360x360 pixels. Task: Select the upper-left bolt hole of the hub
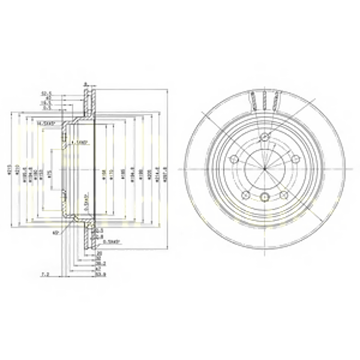tap(235, 160)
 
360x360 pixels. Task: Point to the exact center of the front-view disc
tap(265, 169)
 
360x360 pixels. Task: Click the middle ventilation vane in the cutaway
tap(265, 98)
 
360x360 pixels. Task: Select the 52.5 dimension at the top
tap(45, 93)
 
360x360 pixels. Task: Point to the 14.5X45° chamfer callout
tap(47, 123)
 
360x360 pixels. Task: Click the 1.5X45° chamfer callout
tap(82, 142)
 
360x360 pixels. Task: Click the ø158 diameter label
tap(103, 170)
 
